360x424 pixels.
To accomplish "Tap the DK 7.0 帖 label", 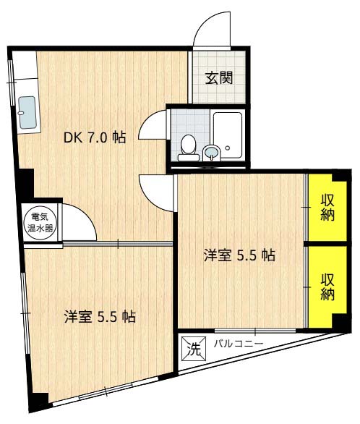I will click(x=95, y=137).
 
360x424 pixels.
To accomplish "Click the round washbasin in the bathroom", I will click(x=212, y=152).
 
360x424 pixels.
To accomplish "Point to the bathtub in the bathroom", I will click(x=229, y=136).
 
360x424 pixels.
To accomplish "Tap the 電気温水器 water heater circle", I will click(x=36, y=219).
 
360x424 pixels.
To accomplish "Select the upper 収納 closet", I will click(x=327, y=208).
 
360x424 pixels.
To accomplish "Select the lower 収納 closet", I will click(x=327, y=286).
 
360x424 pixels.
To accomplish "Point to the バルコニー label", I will click(x=238, y=343).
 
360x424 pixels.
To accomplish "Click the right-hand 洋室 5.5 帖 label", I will click(x=239, y=255).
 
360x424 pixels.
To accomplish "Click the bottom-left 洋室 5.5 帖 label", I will click(x=100, y=316).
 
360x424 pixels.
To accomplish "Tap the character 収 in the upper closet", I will click(x=327, y=200).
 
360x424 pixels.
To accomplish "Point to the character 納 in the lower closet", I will click(x=327, y=294).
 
